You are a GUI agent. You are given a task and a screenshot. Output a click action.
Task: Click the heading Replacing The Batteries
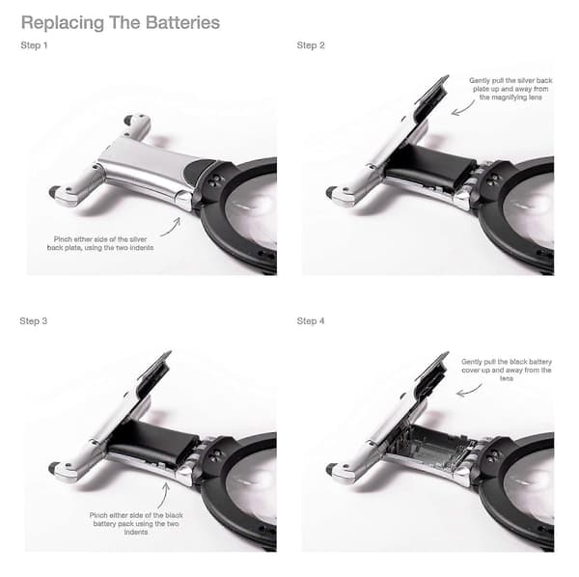pos(121,22)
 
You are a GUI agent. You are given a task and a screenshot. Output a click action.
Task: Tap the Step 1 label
pos(34,45)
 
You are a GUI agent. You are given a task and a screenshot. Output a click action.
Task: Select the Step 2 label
pos(311,45)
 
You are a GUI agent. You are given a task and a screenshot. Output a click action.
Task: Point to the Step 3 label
pos(34,320)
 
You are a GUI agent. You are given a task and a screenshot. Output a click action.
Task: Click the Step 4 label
pos(311,320)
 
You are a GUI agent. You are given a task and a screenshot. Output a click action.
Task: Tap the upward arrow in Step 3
pos(164,496)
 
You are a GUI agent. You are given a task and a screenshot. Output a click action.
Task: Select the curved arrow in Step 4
pos(468,391)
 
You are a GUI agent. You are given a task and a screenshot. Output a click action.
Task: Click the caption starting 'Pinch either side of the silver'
pos(100,243)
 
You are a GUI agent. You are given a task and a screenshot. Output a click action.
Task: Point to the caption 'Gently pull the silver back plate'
pos(510,89)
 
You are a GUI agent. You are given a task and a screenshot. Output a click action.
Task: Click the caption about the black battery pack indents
pos(136,524)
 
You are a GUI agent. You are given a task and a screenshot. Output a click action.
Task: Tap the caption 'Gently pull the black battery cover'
pos(507,370)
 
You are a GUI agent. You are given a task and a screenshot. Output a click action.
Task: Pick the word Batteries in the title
pos(182,22)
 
